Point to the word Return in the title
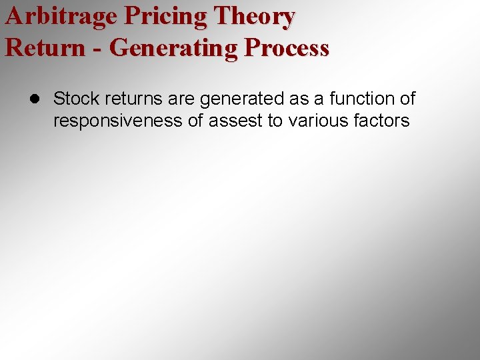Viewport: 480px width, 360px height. (45, 48)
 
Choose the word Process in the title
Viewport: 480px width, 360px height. (287, 48)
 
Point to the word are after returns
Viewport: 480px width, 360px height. (181, 99)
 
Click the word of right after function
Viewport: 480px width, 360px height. (407, 99)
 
